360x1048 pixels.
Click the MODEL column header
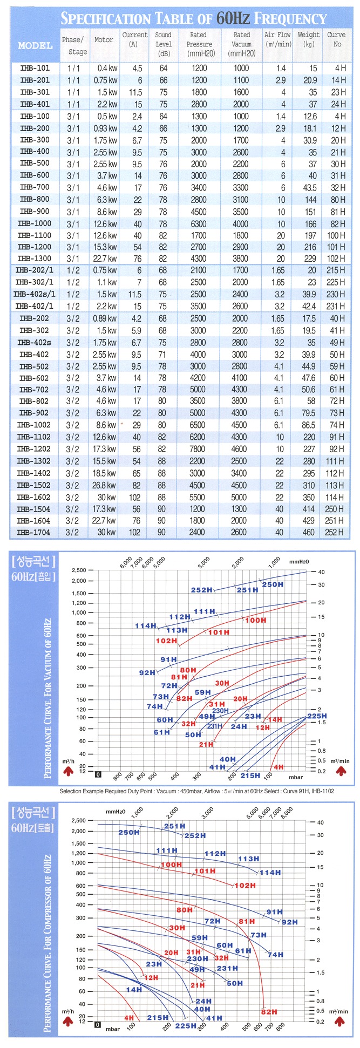click(x=35, y=45)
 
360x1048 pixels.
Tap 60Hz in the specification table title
click(x=233, y=19)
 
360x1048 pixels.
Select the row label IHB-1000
click(x=35, y=223)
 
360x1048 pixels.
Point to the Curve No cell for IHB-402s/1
click(x=336, y=294)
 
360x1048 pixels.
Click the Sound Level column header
click(x=164, y=44)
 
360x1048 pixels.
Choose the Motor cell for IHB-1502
click(x=104, y=485)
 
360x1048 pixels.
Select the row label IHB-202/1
click(x=35, y=270)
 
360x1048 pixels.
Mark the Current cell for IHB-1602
click(x=135, y=497)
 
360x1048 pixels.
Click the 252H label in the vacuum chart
click(x=201, y=590)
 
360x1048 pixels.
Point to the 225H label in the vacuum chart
click(x=317, y=716)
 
